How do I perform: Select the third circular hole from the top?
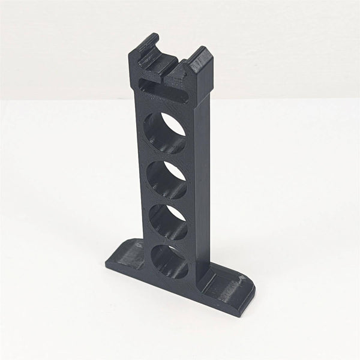[167, 223]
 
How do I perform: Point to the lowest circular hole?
[169, 262]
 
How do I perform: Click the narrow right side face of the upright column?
[201, 180]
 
